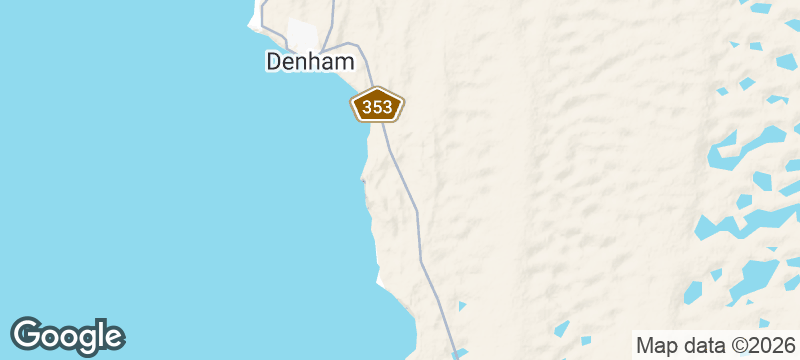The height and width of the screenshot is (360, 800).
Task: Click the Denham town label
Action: coord(309,62)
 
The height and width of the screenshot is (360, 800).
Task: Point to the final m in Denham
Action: coord(342,62)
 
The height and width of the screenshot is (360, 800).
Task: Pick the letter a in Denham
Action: coord(326,63)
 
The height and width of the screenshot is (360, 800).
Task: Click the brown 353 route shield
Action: coord(377,105)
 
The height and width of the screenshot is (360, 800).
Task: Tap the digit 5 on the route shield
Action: coord(377,106)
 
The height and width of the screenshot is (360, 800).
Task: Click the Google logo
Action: coord(67,335)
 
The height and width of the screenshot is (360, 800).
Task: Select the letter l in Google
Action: coord(99,333)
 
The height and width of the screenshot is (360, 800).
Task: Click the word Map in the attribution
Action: coord(655,345)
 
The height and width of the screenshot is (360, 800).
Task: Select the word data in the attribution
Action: coord(701,345)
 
